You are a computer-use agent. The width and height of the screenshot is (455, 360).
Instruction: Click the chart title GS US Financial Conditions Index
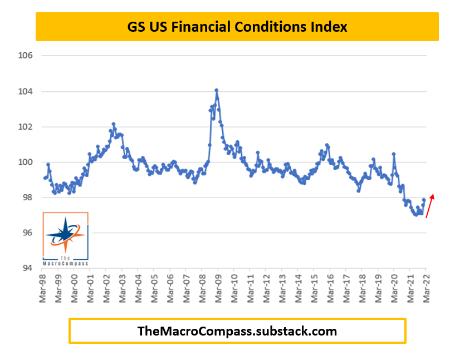point(237,27)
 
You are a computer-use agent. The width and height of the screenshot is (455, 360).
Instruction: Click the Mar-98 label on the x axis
point(42,288)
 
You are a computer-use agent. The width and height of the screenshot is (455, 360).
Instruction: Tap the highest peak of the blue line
point(216,90)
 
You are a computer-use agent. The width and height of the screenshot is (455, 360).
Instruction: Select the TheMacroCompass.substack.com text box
point(237,331)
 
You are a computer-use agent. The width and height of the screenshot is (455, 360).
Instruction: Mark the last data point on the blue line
point(424,200)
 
